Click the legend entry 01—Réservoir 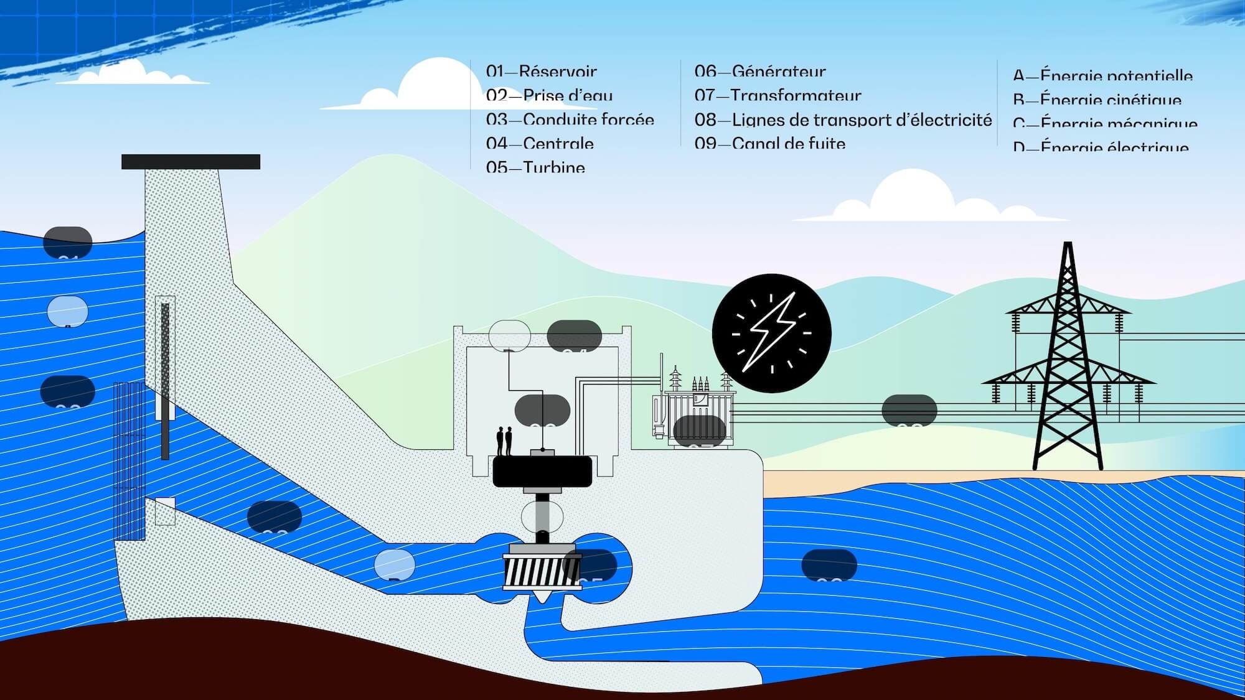541,72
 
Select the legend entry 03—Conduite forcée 570,119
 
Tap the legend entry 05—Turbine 535,167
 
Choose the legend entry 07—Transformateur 778,96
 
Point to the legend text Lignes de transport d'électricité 862,119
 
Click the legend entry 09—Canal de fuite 769,144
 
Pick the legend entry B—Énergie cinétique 1097,100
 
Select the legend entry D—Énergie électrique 1101,147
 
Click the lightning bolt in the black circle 771,333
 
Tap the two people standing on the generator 504,441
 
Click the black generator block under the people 542,472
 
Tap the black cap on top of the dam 190,162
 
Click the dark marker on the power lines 909,410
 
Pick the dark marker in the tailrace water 829,565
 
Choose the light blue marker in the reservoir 68,311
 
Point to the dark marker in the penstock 274,516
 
